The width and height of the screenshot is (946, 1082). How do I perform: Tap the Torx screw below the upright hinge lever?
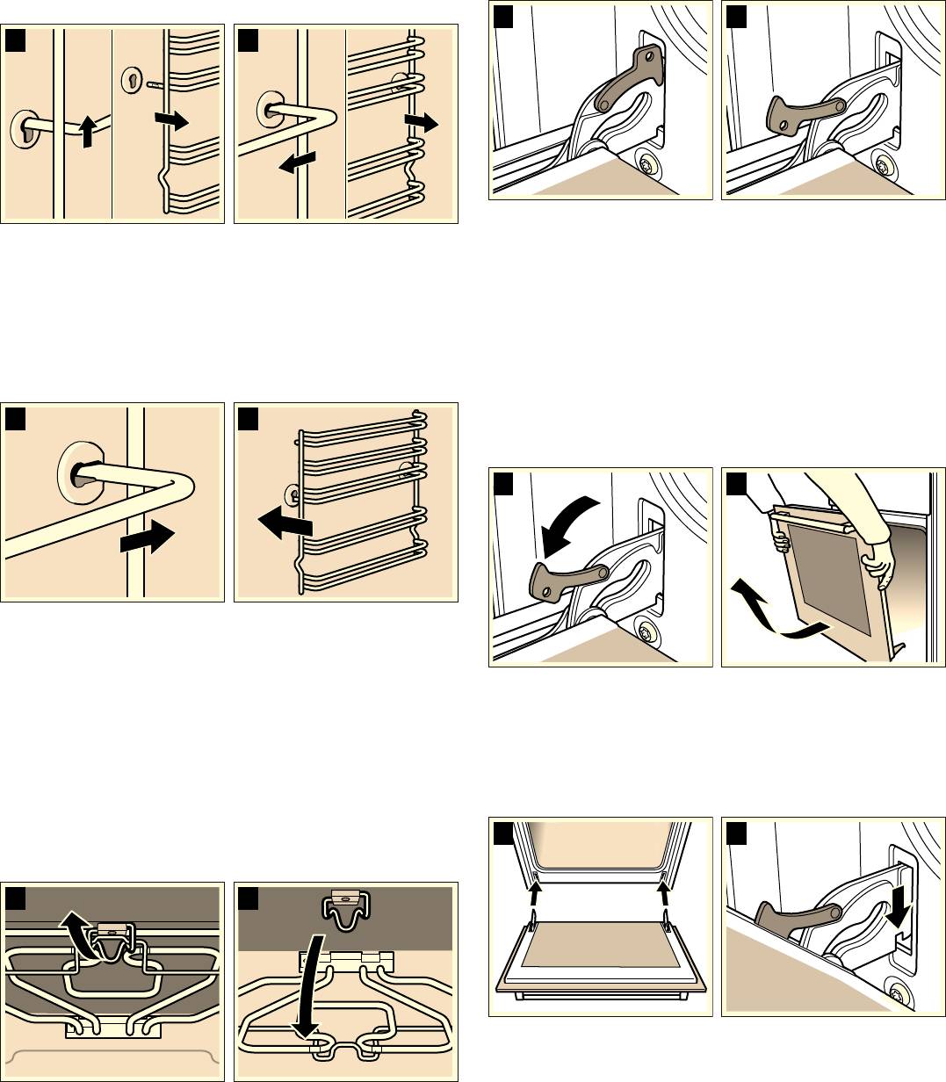pos(648,164)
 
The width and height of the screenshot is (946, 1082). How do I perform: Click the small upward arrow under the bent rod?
pos(85,133)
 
